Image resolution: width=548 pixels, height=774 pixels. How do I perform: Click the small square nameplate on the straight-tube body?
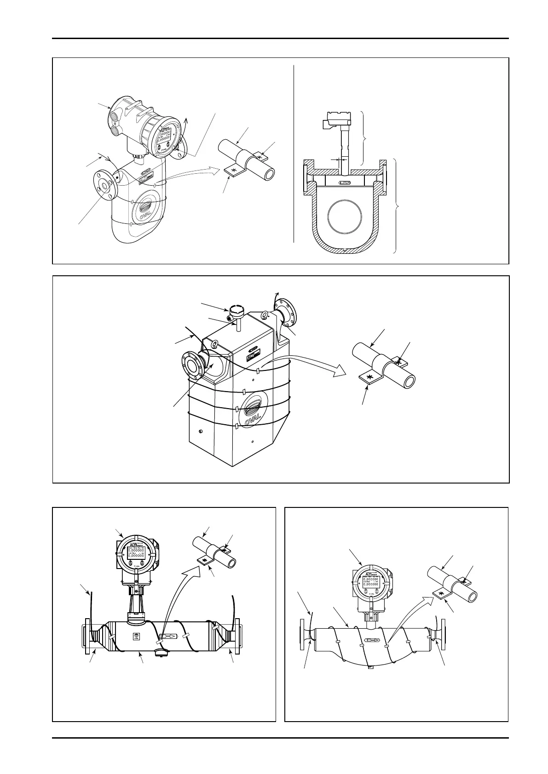click(136, 637)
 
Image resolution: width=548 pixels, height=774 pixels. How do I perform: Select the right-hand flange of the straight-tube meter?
click(237, 637)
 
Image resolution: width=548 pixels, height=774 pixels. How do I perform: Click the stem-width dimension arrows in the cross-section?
click(340, 159)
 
